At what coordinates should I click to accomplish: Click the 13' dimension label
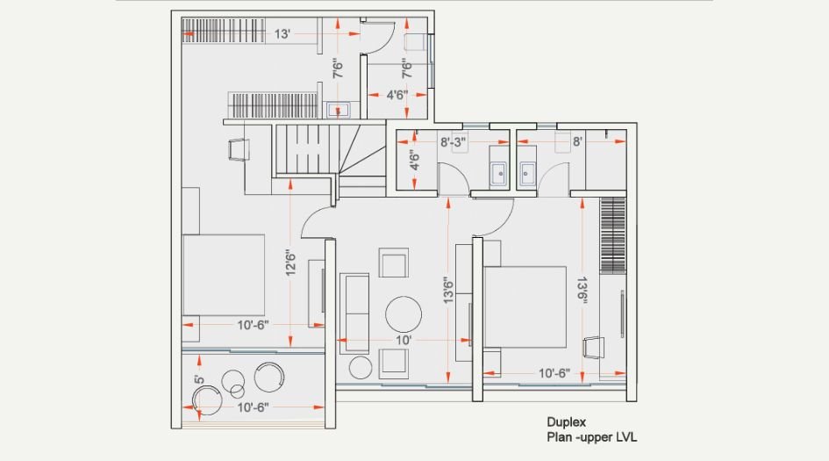click(282, 34)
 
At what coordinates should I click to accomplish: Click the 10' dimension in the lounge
click(404, 339)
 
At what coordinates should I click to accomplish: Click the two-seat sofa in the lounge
click(355, 306)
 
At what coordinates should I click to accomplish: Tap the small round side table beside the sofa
click(360, 366)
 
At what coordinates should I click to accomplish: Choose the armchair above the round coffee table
click(393, 263)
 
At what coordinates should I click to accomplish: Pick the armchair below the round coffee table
click(393, 363)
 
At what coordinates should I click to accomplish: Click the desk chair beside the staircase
click(239, 150)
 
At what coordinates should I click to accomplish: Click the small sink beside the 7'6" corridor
click(338, 110)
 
